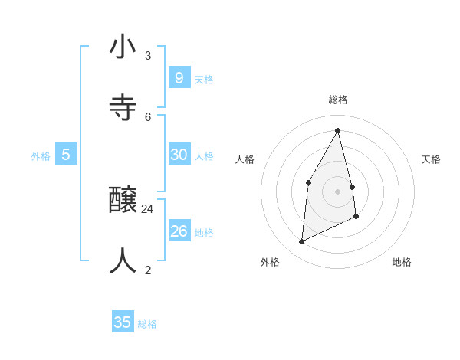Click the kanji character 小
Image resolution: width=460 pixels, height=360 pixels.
123,47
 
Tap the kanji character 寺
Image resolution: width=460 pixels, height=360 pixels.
123,106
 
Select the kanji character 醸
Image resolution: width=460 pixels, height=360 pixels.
123,201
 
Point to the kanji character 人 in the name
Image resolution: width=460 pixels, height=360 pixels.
123,260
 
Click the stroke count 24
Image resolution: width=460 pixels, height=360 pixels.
147,209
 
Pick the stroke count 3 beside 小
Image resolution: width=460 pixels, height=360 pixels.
147,55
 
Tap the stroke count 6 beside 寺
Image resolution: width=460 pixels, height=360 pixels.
147,116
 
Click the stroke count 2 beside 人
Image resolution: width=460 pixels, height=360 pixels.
147,270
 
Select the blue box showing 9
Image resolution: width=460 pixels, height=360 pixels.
179,77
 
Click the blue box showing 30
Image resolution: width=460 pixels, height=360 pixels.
179,154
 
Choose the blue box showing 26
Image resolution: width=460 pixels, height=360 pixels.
179,231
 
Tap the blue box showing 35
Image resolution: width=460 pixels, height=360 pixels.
123,322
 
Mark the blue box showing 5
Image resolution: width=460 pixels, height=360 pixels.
66,154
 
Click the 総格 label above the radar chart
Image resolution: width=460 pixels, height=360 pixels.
338,100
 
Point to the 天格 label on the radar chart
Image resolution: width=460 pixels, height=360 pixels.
431,159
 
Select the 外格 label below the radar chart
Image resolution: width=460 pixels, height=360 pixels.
270,262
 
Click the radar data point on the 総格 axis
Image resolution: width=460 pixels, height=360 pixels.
337,130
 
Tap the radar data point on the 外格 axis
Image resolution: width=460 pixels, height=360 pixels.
301,242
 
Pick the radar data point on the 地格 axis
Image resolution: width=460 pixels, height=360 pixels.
356,217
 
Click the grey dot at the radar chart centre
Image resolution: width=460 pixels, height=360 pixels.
337,191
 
